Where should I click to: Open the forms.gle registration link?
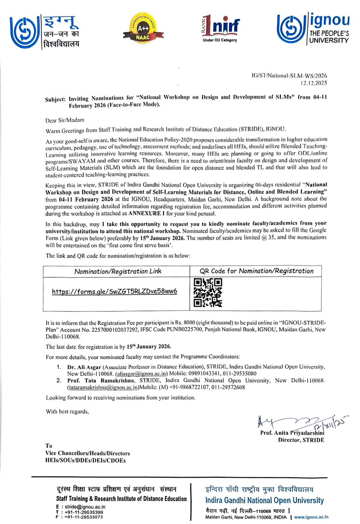click(x=114, y=291)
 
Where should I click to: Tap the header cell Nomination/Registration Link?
click(x=117, y=271)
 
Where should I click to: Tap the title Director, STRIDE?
click(x=301, y=440)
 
